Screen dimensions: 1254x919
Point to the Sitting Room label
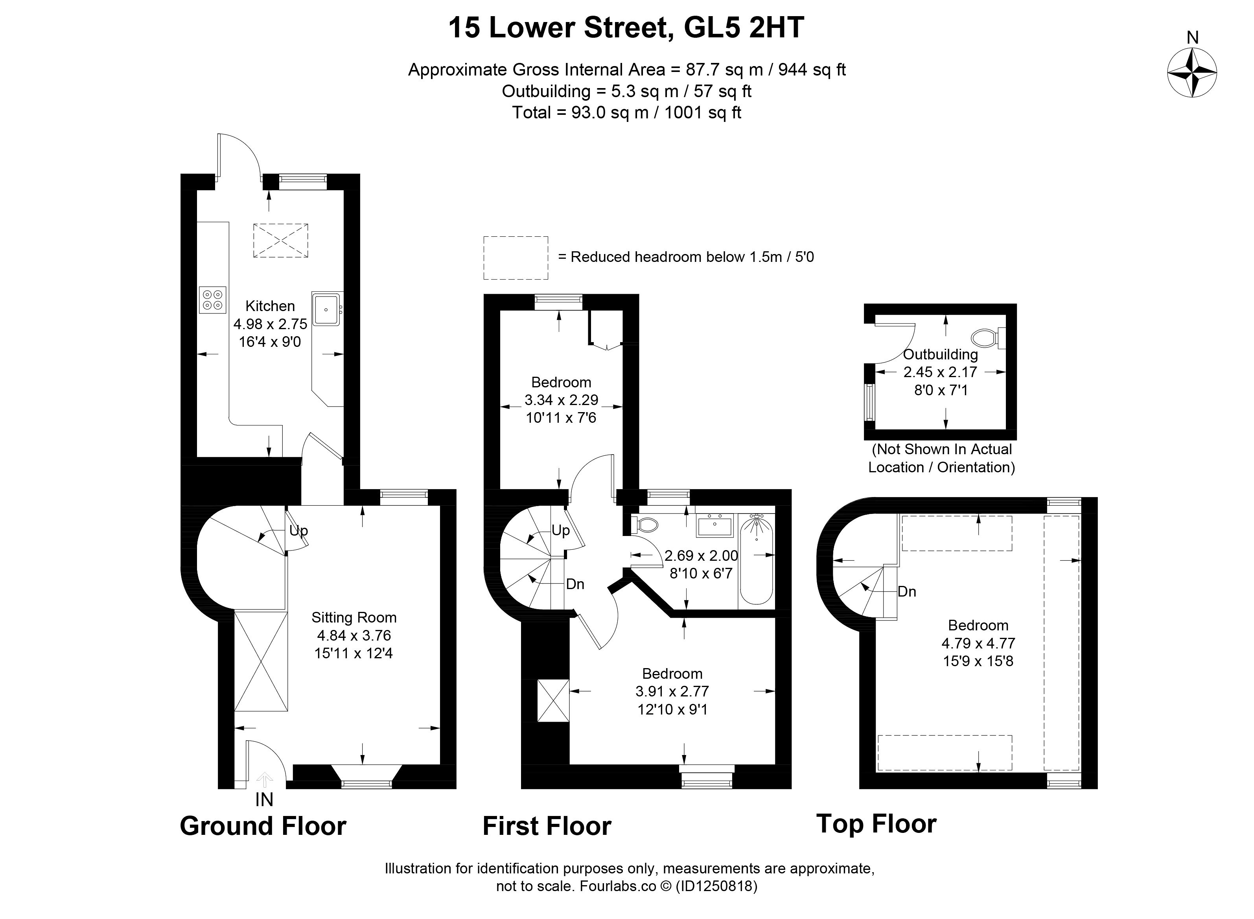pyautogui.click(x=354, y=617)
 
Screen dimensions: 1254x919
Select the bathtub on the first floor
pyautogui.click(x=756, y=559)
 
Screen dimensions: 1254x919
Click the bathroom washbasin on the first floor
pyautogui.click(x=715, y=525)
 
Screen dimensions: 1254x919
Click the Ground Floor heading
pyautogui.click(x=263, y=826)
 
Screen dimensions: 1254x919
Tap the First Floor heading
pyautogui.click(x=547, y=826)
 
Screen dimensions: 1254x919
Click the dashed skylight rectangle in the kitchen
pyautogui.click(x=281, y=240)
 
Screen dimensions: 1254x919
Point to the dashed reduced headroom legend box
pyautogui.click(x=516, y=258)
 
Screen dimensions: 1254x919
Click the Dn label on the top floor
pyautogui.click(x=907, y=591)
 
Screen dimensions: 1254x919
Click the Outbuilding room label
pyautogui.click(x=940, y=354)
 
